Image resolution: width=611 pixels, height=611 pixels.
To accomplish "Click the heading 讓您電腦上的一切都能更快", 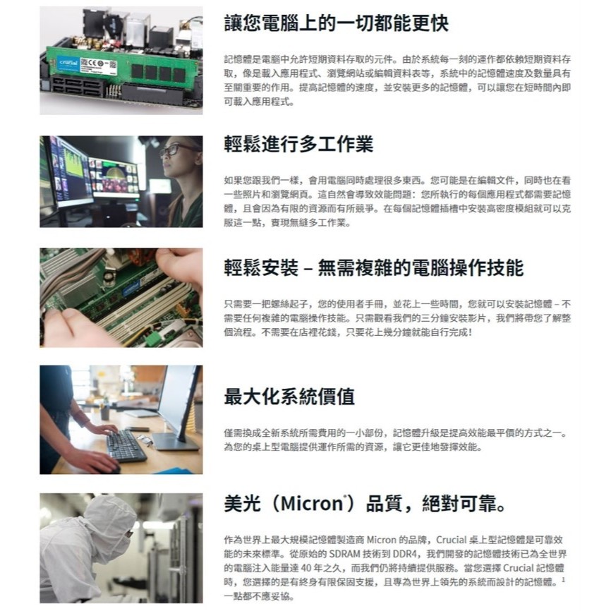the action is pyautogui.click(x=337, y=23).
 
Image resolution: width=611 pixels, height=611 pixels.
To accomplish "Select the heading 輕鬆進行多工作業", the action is pyautogui.click(x=298, y=144).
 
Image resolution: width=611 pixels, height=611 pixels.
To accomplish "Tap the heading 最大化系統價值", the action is pyautogui.click(x=289, y=397).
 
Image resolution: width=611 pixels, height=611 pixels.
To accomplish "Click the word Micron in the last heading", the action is pyautogui.click(x=312, y=504).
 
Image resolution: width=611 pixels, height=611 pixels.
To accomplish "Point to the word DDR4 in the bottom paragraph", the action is pyautogui.click(x=405, y=554).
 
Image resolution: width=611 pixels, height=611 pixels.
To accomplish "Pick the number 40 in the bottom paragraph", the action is pyautogui.click(x=306, y=568).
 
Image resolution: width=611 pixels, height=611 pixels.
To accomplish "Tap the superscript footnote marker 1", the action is pyautogui.click(x=563, y=579).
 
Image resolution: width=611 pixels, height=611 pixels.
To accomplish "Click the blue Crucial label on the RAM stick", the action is pyautogui.click(x=68, y=63).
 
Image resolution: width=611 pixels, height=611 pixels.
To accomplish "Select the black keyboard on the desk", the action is pyautogui.click(x=126, y=445).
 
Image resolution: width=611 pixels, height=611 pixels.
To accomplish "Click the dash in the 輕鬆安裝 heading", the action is pyautogui.click(x=308, y=270).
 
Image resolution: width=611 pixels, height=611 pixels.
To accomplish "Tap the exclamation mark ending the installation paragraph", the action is pyautogui.click(x=471, y=332).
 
